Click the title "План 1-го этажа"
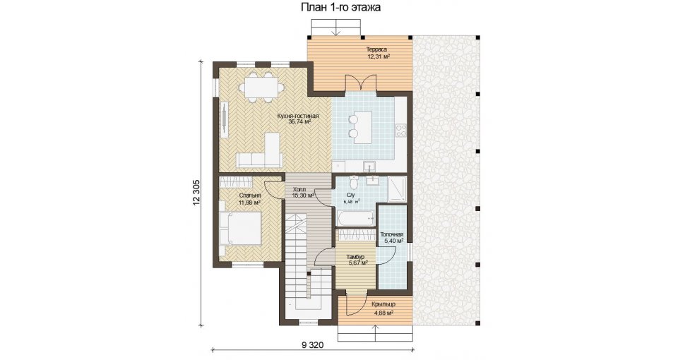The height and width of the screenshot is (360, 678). (340, 7)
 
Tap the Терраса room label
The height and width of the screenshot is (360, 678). (376, 49)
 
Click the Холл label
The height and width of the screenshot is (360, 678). (299, 189)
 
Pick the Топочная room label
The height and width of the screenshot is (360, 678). (392, 234)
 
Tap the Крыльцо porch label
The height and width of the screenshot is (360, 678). (383, 304)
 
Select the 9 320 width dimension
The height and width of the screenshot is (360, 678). (312, 345)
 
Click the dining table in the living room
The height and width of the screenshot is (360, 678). (261, 87)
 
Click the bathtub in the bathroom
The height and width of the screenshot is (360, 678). (355, 218)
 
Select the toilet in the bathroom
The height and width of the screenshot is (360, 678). (354, 184)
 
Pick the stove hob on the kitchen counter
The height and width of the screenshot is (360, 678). (401, 130)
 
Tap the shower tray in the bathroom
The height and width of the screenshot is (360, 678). (397, 189)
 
